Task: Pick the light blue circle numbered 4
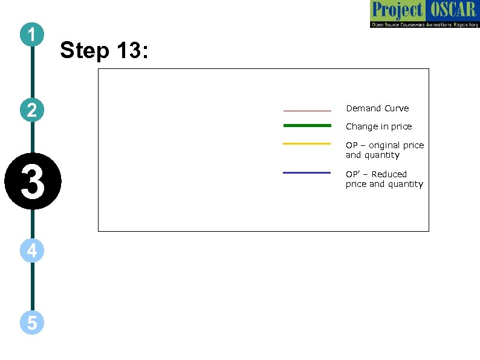click(x=32, y=249)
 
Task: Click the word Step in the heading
click(x=85, y=51)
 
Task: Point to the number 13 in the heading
click(x=128, y=51)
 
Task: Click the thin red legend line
click(x=307, y=111)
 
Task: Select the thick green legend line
click(x=307, y=125)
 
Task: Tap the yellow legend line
click(x=307, y=143)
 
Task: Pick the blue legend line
click(x=307, y=172)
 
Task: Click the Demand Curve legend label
click(x=377, y=108)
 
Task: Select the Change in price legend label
click(x=378, y=126)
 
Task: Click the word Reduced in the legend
click(x=389, y=174)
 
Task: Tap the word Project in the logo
click(x=397, y=10)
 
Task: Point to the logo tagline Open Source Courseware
click(x=405, y=24)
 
